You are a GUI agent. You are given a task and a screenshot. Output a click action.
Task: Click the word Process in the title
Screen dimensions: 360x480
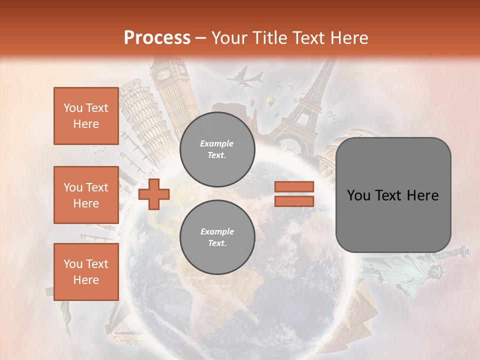[157, 37]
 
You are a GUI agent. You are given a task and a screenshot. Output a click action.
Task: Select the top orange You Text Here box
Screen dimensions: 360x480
[86, 116]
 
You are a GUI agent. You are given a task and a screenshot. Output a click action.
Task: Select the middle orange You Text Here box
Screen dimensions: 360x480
[86, 195]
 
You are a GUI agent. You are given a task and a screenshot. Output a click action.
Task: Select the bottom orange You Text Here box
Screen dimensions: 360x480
[86, 271]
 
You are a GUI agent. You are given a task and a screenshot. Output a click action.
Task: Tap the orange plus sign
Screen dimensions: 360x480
[154, 194]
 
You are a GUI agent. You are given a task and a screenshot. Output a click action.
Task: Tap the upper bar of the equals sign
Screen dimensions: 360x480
[294, 186]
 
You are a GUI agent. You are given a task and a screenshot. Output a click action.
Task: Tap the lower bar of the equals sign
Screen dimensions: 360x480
[294, 201]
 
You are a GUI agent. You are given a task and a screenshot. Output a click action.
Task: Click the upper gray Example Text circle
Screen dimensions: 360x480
[217, 149]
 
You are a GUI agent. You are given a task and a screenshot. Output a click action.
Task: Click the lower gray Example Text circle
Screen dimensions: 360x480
[217, 237]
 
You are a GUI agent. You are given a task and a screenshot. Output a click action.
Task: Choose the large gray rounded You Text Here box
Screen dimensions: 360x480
[393, 195]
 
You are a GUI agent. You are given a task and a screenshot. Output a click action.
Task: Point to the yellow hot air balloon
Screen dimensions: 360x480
[271, 101]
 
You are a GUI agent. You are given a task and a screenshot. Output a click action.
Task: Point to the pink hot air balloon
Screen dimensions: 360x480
[253, 102]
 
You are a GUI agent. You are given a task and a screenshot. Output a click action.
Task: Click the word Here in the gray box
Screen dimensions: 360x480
[423, 195]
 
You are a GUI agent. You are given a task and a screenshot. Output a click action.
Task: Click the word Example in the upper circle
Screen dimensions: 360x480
[216, 143]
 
